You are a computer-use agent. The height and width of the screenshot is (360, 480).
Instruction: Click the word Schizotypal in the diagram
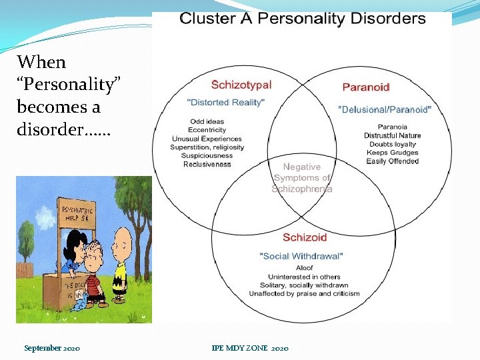(x=241, y=85)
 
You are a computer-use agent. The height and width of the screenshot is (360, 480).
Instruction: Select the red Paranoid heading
(x=365, y=87)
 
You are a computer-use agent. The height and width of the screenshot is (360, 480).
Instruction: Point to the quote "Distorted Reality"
(x=226, y=102)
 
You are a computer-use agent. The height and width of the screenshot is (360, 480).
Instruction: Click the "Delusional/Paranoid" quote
(x=385, y=109)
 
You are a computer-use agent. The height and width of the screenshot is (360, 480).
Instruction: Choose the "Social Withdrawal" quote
(x=301, y=256)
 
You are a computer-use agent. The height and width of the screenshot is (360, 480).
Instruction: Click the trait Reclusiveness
(x=207, y=164)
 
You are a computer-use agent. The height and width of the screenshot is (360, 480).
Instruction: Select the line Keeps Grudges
(x=392, y=153)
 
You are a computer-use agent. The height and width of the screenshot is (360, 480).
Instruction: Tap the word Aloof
(x=304, y=268)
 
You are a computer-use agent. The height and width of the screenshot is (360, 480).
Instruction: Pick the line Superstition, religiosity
(x=207, y=147)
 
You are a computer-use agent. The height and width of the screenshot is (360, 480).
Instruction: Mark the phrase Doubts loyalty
(x=392, y=144)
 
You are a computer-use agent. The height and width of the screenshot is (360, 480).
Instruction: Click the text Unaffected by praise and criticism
(x=304, y=293)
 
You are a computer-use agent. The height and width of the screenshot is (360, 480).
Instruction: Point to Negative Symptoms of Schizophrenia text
(x=302, y=178)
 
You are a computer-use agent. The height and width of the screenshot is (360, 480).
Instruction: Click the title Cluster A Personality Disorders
(x=302, y=19)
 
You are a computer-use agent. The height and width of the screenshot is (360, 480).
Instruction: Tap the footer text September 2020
(x=52, y=349)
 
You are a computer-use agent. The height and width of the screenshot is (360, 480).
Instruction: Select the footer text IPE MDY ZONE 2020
(x=250, y=349)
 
